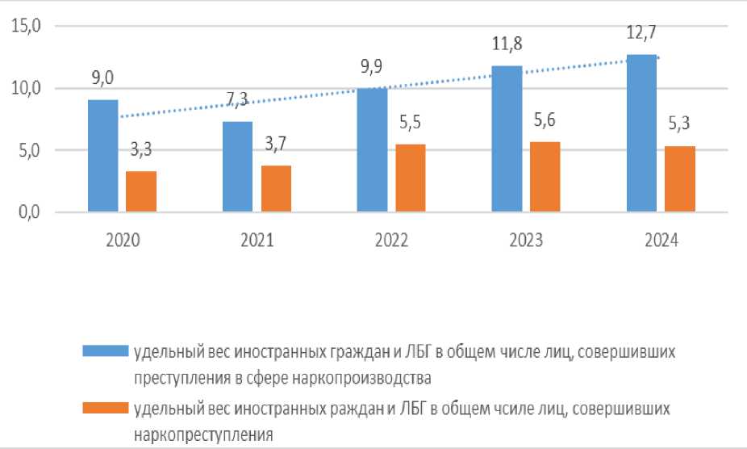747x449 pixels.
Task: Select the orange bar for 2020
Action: (140, 192)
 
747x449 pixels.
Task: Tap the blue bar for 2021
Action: (237, 167)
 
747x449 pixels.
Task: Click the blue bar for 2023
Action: (507, 139)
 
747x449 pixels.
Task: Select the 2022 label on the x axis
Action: (390, 241)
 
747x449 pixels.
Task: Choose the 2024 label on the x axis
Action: (661, 241)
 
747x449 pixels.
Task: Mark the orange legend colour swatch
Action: (106, 409)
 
